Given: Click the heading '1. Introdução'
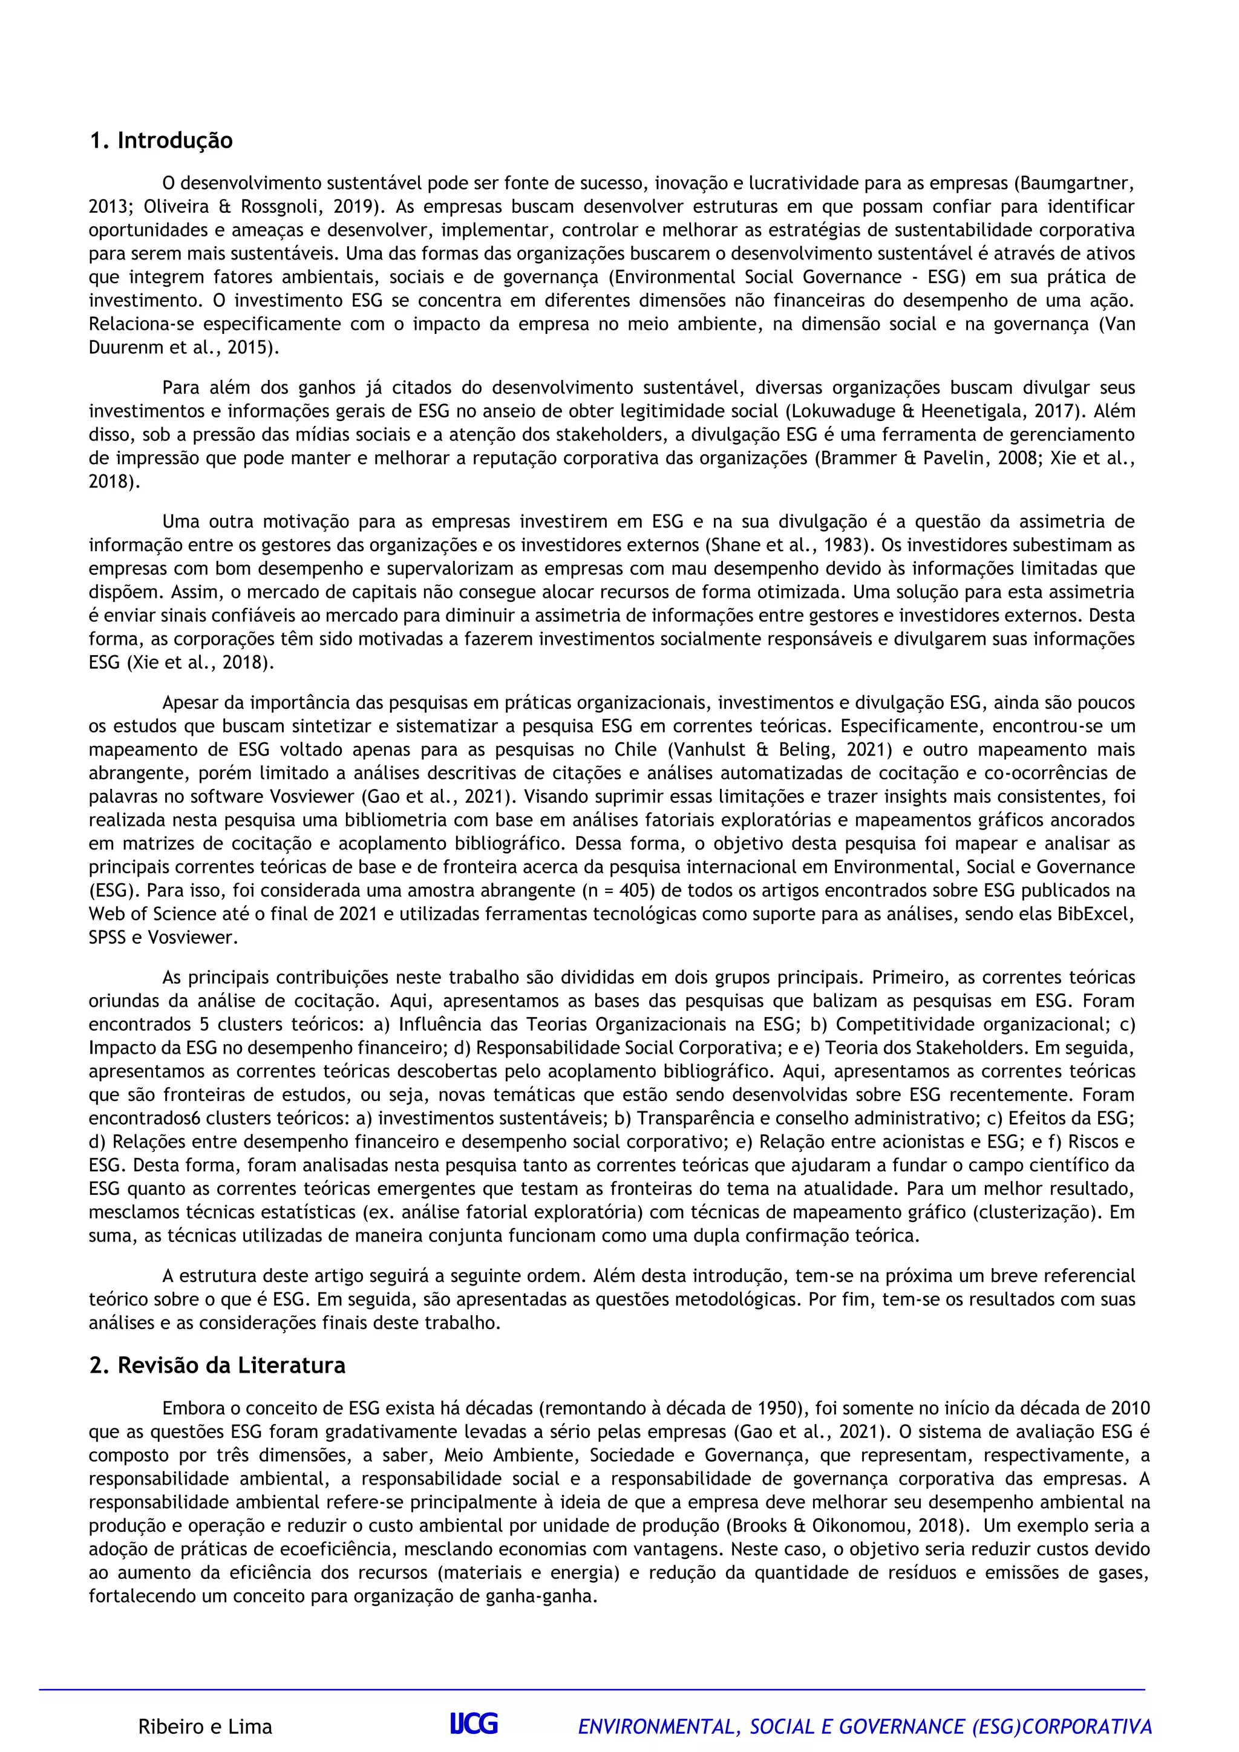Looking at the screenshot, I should pos(161,141).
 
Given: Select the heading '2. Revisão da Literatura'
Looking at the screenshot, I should pos(217,1365).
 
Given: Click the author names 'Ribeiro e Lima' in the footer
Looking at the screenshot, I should pos(204,1726).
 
